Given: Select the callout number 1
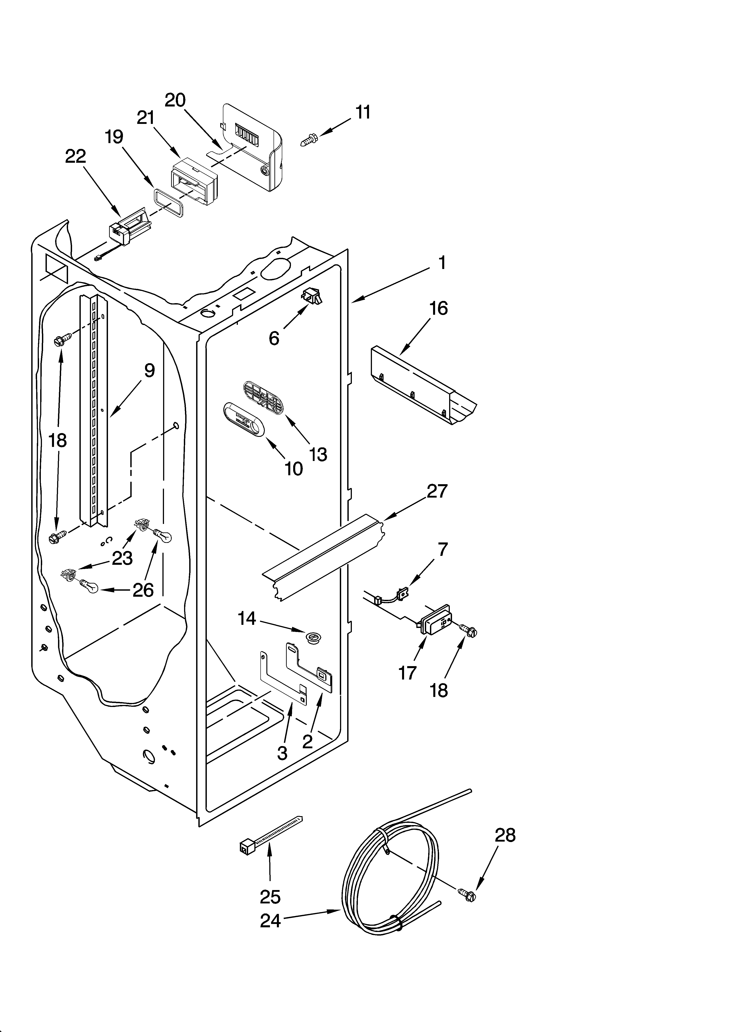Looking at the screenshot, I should coord(441,263).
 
